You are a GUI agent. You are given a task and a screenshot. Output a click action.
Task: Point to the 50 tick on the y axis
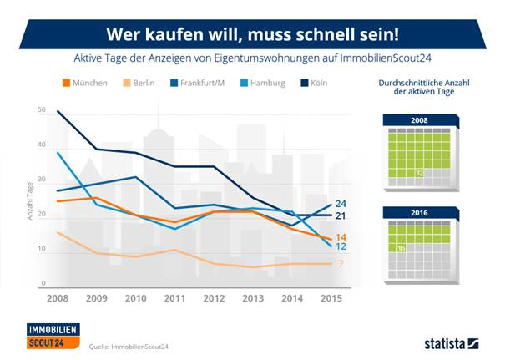click(x=42, y=109)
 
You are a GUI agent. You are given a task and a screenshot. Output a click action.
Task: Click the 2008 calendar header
click(x=417, y=120)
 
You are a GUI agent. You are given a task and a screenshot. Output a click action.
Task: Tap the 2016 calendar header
click(x=417, y=212)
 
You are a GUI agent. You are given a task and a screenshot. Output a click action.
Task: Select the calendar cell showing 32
click(x=420, y=174)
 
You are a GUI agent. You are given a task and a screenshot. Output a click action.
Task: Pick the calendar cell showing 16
click(x=401, y=248)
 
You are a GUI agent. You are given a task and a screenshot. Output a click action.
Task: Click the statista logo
click(x=447, y=342)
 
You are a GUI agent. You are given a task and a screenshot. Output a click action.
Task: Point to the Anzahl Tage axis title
click(x=28, y=200)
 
